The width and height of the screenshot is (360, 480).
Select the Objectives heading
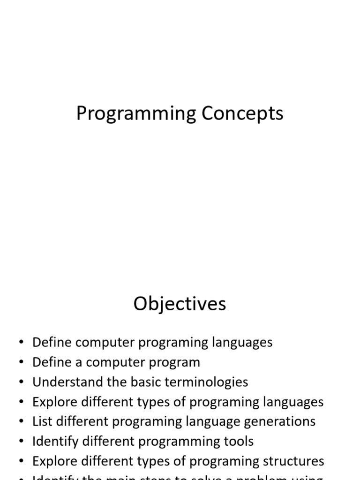pos(180,304)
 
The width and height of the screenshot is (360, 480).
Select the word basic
pos(142,382)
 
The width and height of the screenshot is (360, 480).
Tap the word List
pos(40,421)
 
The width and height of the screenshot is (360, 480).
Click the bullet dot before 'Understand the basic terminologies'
pos(21,382)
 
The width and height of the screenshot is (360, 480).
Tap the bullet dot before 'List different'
pos(21,422)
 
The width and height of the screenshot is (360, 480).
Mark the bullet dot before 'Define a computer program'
pos(21,363)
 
